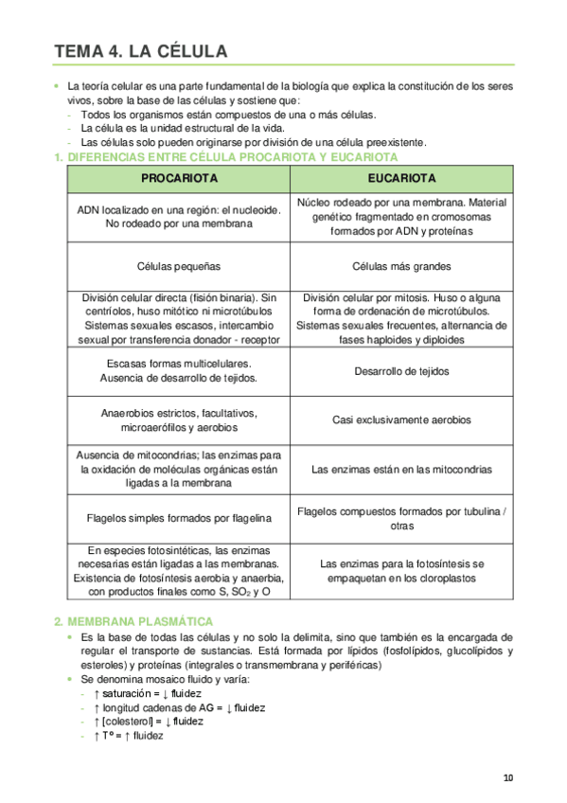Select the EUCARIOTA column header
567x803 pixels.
point(401,178)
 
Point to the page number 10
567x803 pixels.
point(508,778)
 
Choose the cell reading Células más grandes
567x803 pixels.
point(401,266)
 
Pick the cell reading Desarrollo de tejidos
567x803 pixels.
point(401,371)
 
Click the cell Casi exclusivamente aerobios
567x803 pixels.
point(401,419)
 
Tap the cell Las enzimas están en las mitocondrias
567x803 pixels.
point(401,469)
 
